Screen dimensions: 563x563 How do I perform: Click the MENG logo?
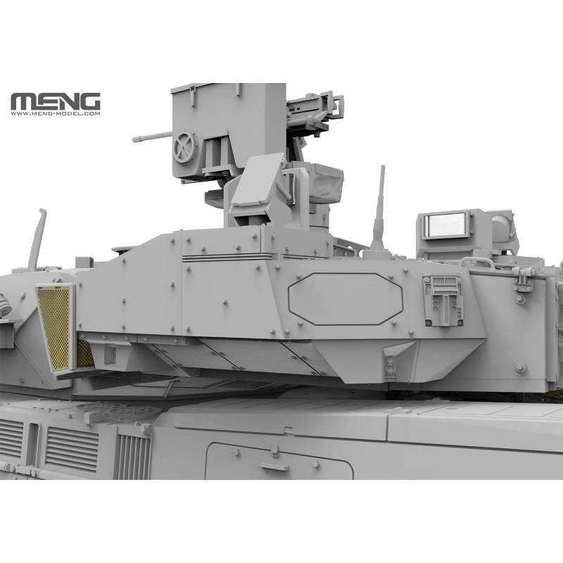pyautogui.click(x=56, y=101)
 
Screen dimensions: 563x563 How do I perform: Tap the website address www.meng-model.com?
pyautogui.click(x=56, y=113)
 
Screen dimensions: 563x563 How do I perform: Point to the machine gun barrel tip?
pyautogui.click(x=134, y=139)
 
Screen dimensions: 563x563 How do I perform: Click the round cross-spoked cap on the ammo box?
pyautogui.click(x=185, y=147)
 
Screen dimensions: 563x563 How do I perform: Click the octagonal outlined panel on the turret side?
pyautogui.click(x=346, y=299)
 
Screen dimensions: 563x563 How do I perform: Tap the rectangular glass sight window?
pyautogui.click(x=445, y=225)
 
